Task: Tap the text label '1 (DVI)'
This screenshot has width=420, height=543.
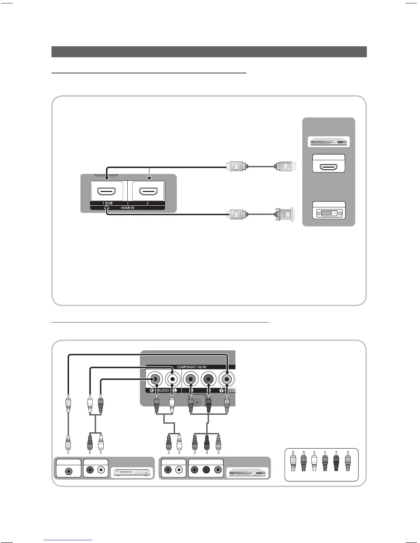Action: coord(107,203)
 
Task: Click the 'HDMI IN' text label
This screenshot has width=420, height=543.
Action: coord(127,208)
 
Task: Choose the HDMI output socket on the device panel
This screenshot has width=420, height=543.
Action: coord(329,167)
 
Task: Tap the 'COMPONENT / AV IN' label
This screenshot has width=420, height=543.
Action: coord(191,367)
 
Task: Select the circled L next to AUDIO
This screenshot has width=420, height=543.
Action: coord(175,390)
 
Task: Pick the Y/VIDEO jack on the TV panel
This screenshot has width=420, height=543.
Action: coord(226,379)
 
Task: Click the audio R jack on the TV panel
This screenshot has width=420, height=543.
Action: coord(154,379)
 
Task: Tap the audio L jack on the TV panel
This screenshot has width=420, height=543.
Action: coord(173,379)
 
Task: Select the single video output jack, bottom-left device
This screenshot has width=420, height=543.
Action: coord(69,471)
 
